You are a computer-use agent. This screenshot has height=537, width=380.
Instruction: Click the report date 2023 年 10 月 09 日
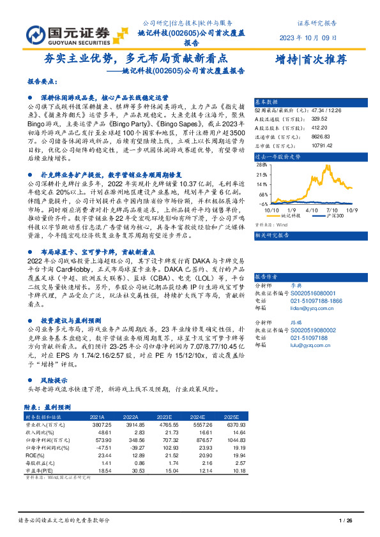[x=307, y=37]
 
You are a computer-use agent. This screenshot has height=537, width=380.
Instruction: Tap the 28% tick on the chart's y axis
[x=261, y=165]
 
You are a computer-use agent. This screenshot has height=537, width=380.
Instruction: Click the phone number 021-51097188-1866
[x=317, y=283]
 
